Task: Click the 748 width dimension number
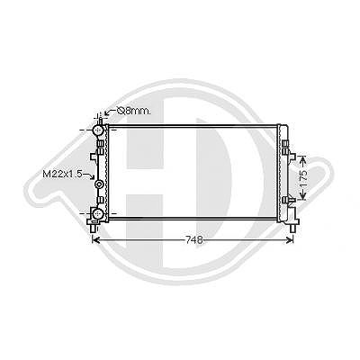tap(194, 239)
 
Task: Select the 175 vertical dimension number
tap(303, 178)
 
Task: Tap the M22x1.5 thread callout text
tap(63, 174)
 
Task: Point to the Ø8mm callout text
tap(134, 112)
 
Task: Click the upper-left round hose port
tap(98, 130)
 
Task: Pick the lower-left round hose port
tap(98, 213)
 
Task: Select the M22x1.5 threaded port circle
tap(99, 184)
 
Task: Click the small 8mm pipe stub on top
tap(101, 121)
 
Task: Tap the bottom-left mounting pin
tap(94, 228)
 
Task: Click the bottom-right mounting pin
tap(292, 228)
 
